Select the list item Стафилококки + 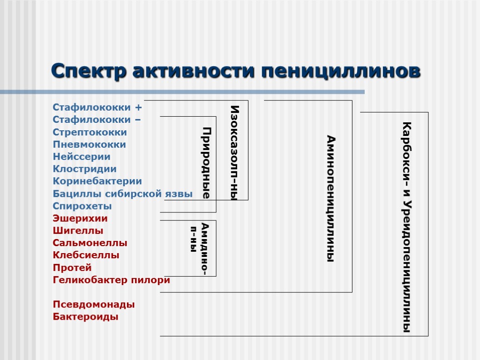[x=97, y=107]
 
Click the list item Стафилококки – [x=96, y=120]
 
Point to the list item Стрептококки [x=90, y=132]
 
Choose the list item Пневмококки [x=89, y=144]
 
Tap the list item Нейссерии [x=82, y=157]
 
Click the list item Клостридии [x=84, y=169]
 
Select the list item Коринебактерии [x=97, y=181]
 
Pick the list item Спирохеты [x=82, y=206]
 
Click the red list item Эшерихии [x=80, y=218]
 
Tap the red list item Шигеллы [x=78, y=231]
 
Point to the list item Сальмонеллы [x=90, y=243]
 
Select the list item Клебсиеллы [x=86, y=255]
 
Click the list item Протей [x=72, y=268]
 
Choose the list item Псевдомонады [x=94, y=305]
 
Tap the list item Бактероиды [x=85, y=317]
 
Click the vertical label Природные [x=206, y=163]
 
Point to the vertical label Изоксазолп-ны [x=234, y=153]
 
